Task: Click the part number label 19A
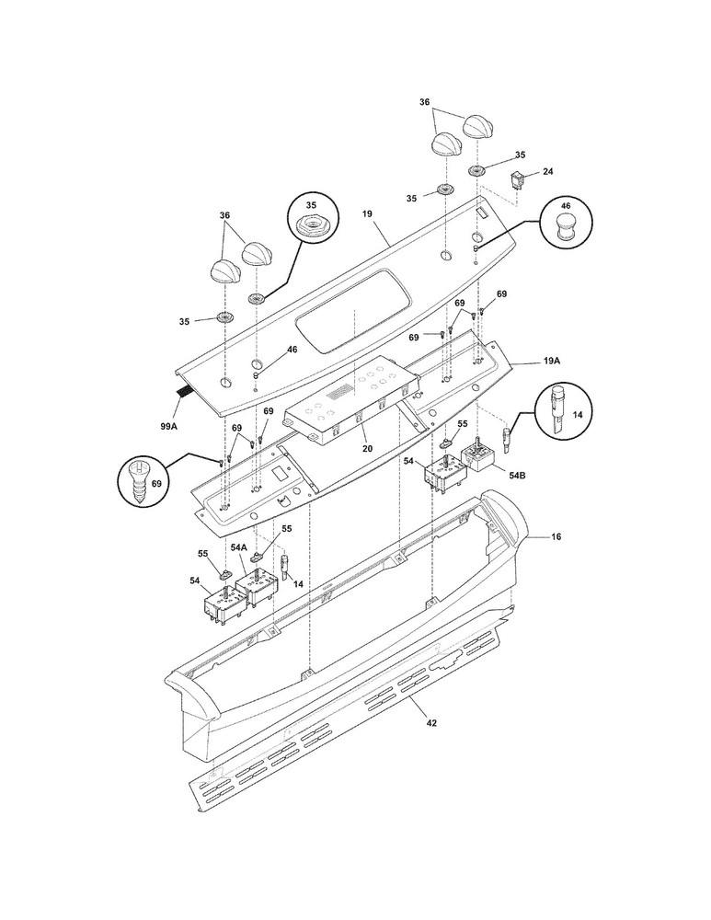(551, 362)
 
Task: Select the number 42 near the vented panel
(432, 723)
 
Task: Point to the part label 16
(556, 535)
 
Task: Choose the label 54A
(239, 547)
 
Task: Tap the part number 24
(548, 171)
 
